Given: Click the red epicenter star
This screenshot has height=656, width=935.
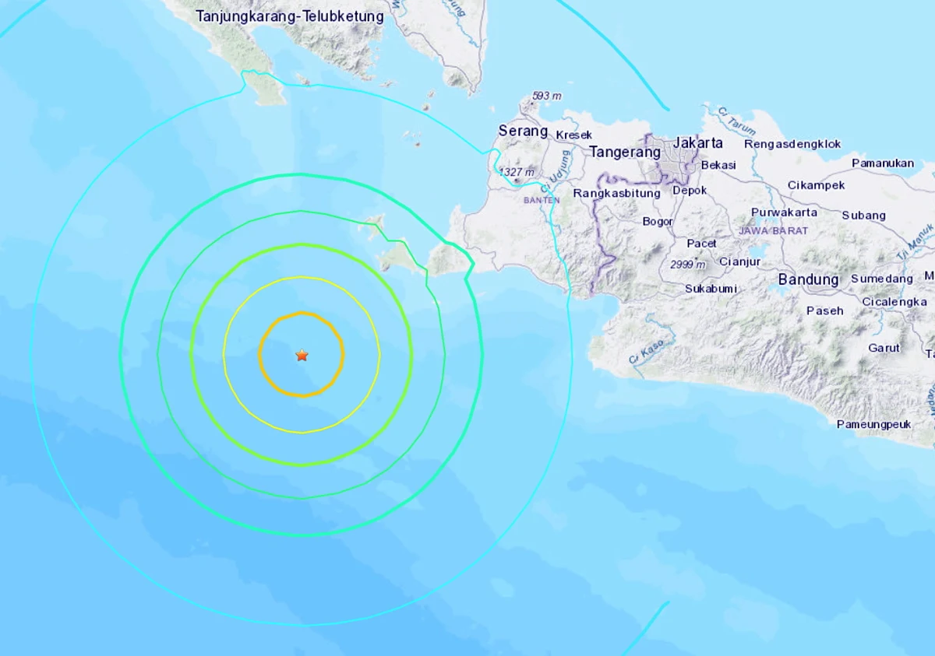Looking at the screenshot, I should pyautogui.click(x=302, y=356).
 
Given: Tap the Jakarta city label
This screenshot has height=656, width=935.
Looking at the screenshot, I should pyautogui.click(x=697, y=143).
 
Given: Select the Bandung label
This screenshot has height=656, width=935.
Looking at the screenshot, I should pyautogui.click(x=808, y=279).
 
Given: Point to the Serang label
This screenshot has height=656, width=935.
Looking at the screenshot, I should pyautogui.click(x=523, y=131).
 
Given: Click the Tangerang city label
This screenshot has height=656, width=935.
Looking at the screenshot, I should pyautogui.click(x=624, y=152).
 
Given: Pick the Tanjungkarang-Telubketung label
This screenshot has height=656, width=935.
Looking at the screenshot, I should pyautogui.click(x=290, y=16).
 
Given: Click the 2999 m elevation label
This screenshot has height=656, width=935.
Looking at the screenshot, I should pyautogui.click(x=687, y=265).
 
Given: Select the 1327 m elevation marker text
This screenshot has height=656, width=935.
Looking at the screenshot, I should pyautogui.click(x=517, y=172).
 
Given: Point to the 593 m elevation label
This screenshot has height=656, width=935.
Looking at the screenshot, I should pyautogui.click(x=546, y=96).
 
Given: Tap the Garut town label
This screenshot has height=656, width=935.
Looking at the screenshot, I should pyautogui.click(x=884, y=348).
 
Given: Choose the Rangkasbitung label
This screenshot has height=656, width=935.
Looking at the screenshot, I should pyautogui.click(x=616, y=193).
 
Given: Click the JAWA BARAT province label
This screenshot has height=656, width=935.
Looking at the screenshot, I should pyautogui.click(x=774, y=230).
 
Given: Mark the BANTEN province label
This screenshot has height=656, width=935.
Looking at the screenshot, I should pyautogui.click(x=542, y=200).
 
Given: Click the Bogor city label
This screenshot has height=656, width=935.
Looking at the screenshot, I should pyautogui.click(x=658, y=221).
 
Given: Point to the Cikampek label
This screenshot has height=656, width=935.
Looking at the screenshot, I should pyautogui.click(x=817, y=185).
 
